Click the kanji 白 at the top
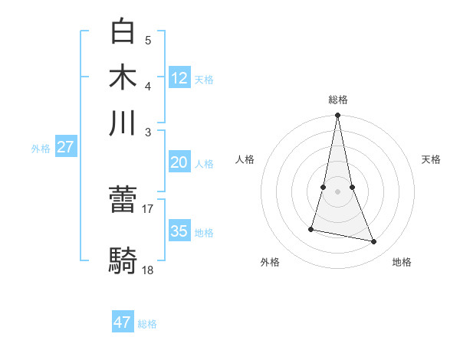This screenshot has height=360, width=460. (x=123, y=31)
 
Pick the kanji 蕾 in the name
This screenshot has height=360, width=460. (x=123, y=201)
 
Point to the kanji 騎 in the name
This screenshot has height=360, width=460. (x=123, y=261)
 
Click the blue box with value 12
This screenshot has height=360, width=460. (x=179, y=77)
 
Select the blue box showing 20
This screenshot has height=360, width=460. (x=179, y=162)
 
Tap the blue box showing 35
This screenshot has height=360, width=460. (x=179, y=231)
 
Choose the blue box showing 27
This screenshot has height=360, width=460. (x=65, y=147)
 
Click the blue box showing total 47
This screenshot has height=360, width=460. (x=123, y=322)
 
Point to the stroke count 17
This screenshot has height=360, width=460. (x=148, y=208)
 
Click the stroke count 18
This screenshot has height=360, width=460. (x=148, y=270)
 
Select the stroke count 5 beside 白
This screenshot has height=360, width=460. (x=148, y=40)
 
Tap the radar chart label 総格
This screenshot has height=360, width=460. (x=337, y=100)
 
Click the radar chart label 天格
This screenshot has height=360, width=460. (x=431, y=159)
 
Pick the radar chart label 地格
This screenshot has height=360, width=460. (x=402, y=262)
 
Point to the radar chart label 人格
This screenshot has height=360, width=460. (x=245, y=159)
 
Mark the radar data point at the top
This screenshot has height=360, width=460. (x=337, y=116)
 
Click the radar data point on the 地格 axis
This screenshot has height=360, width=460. (x=374, y=242)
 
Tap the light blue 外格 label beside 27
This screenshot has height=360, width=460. (x=41, y=149)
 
